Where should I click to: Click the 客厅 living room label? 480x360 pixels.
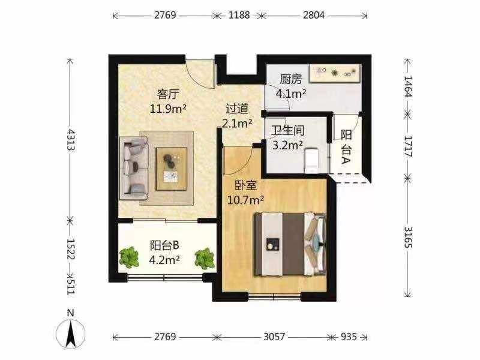[168, 94]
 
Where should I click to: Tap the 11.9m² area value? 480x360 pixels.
[168, 109]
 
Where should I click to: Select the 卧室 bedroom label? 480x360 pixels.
[245, 185]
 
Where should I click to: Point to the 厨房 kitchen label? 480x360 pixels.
[291, 79]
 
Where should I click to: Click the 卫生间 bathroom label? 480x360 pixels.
[288, 131]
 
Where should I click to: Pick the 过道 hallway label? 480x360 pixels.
[237, 109]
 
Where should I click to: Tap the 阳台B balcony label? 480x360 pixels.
[164, 245]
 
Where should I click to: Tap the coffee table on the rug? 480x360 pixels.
[172, 169]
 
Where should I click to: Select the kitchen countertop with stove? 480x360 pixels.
[335, 73]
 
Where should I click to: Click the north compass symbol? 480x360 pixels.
[71, 331]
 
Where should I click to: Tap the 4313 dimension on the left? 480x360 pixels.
[71, 140]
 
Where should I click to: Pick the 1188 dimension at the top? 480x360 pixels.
[239, 15]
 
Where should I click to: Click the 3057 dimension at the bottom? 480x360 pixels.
[274, 337]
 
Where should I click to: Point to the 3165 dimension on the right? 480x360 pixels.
[408, 237]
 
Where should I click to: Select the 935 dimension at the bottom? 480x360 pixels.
[349, 337]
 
